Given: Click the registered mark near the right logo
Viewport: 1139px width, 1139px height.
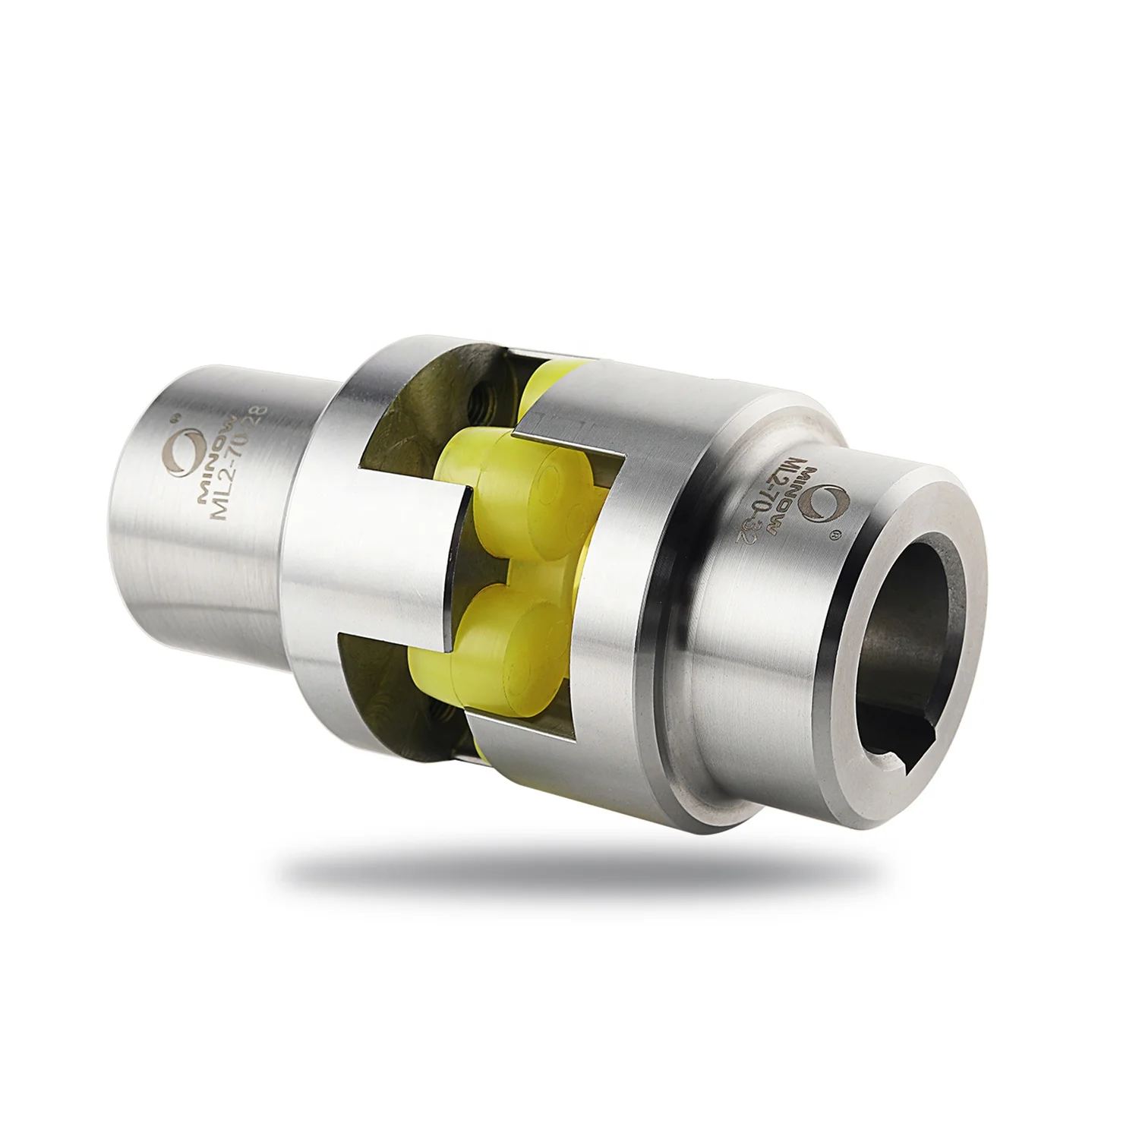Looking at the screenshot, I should (x=836, y=536).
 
